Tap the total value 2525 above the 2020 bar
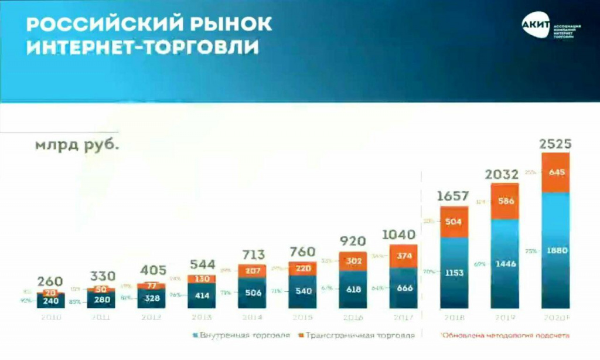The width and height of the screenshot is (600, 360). point(555,144)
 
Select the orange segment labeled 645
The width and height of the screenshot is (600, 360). point(555,173)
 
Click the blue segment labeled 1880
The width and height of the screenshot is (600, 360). point(555,250)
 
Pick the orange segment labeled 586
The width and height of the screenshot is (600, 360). point(504,201)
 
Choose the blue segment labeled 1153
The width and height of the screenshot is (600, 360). point(454,273)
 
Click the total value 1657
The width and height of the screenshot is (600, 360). point(454,196)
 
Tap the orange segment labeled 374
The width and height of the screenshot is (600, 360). point(403,256)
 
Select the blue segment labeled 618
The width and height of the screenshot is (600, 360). point(353,290)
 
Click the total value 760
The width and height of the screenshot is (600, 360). point(302,251)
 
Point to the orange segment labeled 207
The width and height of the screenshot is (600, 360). point(252,271)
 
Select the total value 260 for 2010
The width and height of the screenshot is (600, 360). point(50,282)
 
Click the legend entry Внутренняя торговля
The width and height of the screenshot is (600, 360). point(241,335)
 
